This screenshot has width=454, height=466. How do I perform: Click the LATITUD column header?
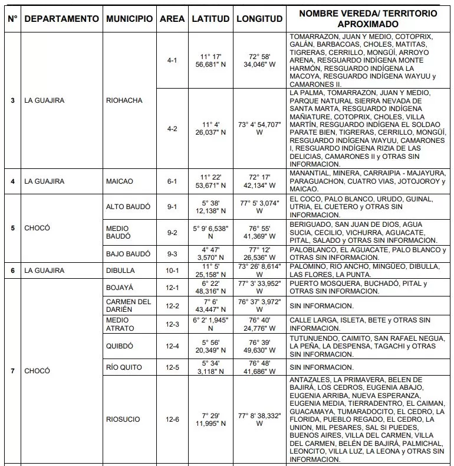[x=210, y=19]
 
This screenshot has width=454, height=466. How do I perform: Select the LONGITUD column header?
[x=259, y=19]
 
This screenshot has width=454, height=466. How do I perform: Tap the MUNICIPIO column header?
[x=129, y=19]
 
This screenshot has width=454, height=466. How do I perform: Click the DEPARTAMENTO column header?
[x=62, y=19]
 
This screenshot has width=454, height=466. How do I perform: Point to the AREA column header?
[x=172, y=19]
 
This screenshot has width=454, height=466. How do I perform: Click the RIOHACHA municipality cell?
[x=124, y=100]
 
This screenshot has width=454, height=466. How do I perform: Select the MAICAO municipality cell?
[x=119, y=181]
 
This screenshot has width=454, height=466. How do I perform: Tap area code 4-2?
[x=172, y=129]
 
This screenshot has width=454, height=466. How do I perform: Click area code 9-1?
[x=172, y=207]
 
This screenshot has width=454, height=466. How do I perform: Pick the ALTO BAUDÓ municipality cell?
[x=127, y=207]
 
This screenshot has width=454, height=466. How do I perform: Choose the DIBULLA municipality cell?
[x=121, y=271]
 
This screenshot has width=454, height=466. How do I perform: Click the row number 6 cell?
[x=13, y=271]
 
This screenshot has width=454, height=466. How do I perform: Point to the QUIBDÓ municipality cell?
[x=120, y=346]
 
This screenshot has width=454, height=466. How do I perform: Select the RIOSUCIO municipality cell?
[x=123, y=419]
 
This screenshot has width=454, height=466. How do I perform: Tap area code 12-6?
[x=172, y=419]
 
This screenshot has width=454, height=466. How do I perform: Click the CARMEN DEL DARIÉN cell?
[x=129, y=306]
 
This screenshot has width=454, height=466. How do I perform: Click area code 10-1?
[x=172, y=271]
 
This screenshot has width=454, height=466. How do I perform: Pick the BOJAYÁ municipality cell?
[x=120, y=288]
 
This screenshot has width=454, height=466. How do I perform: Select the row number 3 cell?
[x=13, y=100]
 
